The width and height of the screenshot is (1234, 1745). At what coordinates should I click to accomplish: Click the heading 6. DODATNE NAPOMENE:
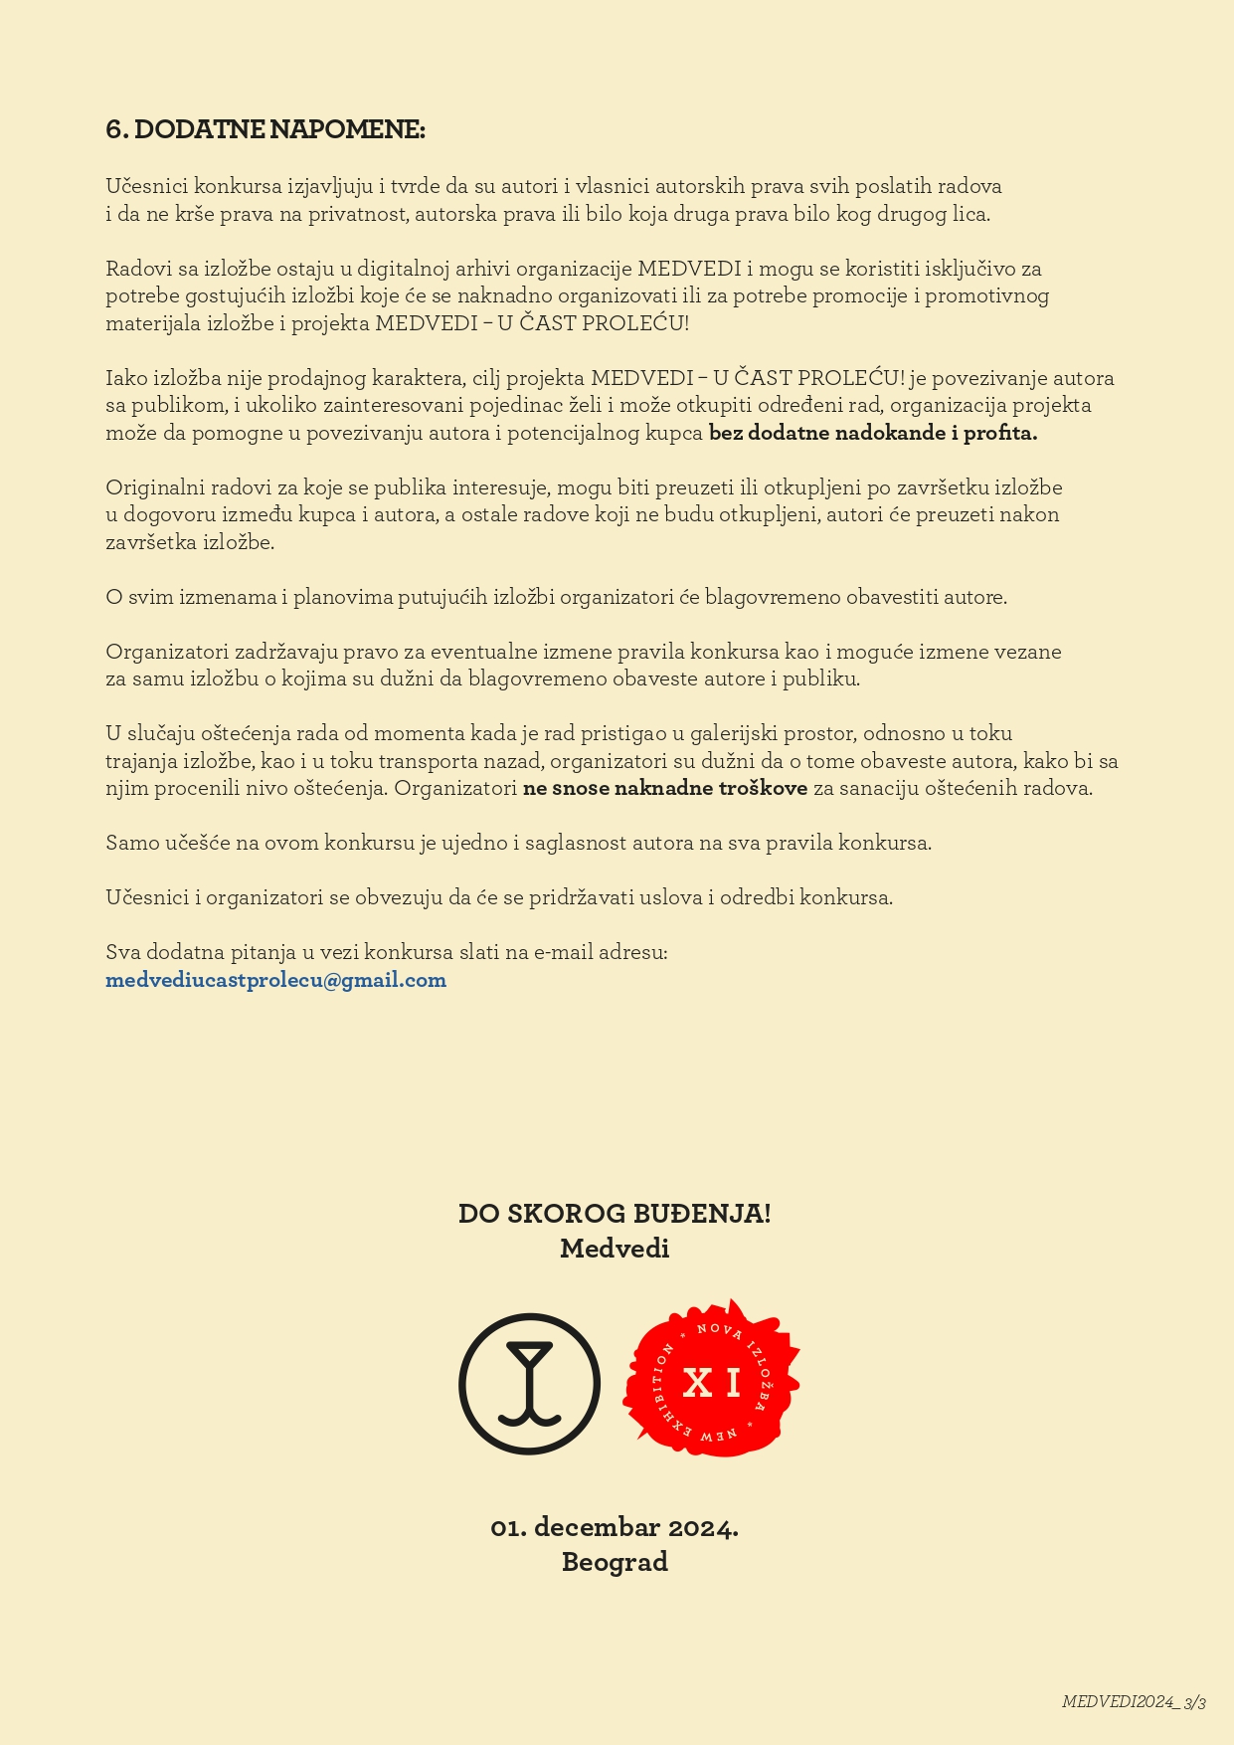264,129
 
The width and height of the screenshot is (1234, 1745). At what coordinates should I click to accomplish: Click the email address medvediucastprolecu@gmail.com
275,980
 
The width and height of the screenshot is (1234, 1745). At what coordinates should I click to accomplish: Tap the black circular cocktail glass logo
529,1384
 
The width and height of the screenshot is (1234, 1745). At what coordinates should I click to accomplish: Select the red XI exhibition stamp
712,1381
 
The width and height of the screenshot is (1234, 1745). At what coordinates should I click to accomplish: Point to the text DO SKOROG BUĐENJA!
615,1214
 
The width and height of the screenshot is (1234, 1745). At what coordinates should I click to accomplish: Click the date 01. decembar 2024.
615,1527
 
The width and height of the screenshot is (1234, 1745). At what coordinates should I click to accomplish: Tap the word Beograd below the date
615,1562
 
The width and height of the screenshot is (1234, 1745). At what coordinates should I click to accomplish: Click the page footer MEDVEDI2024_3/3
1134,1701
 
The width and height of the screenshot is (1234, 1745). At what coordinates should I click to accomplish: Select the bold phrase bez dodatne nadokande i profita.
873,433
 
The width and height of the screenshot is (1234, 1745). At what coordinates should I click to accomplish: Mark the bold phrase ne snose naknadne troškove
665,788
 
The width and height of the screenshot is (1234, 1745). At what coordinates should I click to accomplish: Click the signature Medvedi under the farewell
615,1249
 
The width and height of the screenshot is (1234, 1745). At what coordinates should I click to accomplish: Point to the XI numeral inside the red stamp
712,1383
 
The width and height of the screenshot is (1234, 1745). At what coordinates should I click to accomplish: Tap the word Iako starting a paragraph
125,378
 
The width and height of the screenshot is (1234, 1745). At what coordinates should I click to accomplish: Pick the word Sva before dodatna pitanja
123,952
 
